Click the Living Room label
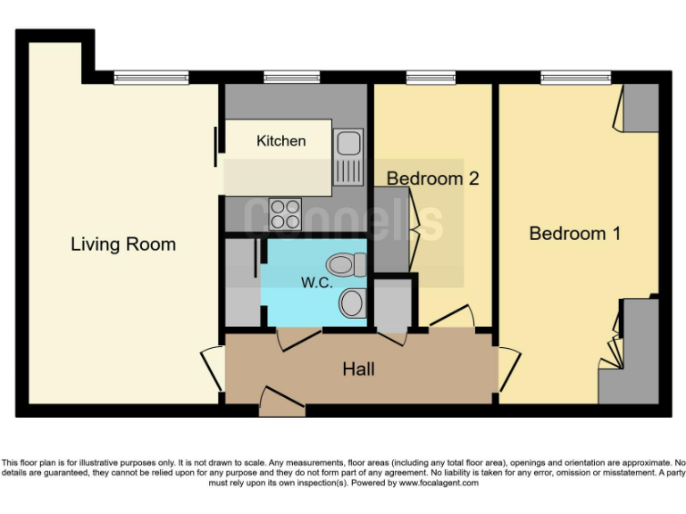click(x=123, y=244)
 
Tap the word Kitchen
click(x=280, y=141)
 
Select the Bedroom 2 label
click(x=432, y=178)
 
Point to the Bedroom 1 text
click(x=574, y=234)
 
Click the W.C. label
click(x=316, y=283)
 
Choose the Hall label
click(x=359, y=369)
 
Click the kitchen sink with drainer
click(x=348, y=154)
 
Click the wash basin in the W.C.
click(x=352, y=303)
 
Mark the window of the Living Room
click(x=151, y=78)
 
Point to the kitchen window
click(x=291, y=78)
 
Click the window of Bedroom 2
click(x=431, y=78)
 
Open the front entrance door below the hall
click(x=281, y=401)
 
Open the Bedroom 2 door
click(x=454, y=317)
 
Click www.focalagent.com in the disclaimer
click(x=432, y=483)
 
